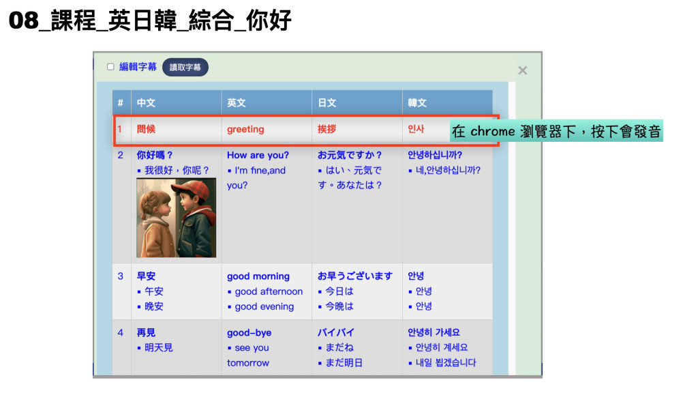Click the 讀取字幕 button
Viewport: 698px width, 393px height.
[x=185, y=68]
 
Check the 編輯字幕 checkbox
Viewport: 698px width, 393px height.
[x=110, y=67]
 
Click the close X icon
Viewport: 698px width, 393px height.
[x=523, y=70]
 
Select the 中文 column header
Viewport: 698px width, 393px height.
[x=146, y=103]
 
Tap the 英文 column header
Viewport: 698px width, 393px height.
[x=237, y=103]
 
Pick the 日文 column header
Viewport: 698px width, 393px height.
[x=327, y=103]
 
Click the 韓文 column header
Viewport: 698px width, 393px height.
[x=417, y=103]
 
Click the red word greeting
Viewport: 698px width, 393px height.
[x=245, y=129]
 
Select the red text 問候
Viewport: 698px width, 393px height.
[x=146, y=129]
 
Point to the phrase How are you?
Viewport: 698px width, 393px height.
[x=258, y=155]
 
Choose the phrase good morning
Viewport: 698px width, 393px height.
[x=258, y=276]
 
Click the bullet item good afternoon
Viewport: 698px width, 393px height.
[x=269, y=291]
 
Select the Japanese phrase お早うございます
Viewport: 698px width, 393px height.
[x=355, y=276]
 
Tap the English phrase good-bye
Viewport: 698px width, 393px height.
[x=249, y=333]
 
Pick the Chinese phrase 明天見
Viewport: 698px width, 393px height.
[x=158, y=347]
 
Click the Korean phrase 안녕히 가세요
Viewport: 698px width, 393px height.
[x=434, y=332]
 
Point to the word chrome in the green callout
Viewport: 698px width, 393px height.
[x=492, y=132]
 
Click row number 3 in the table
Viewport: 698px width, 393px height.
[x=120, y=276]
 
